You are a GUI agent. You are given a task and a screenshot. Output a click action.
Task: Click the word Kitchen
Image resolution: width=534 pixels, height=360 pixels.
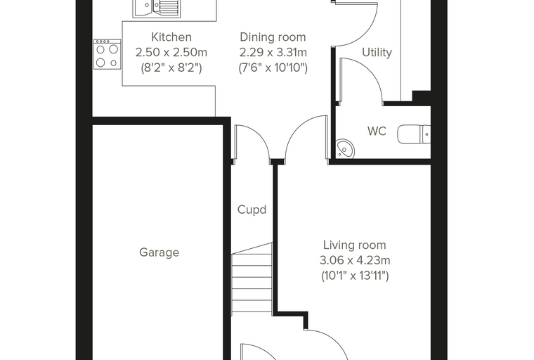(171, 37)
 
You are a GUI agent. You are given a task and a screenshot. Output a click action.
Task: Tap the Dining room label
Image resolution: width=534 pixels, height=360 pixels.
(273, 37)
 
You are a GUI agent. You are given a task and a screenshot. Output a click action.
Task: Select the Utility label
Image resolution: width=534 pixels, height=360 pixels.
(377, 53)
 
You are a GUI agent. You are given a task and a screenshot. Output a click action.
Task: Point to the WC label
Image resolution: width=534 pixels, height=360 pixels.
(377, 131)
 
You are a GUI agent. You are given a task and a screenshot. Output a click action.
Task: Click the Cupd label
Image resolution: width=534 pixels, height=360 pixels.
(252, 210)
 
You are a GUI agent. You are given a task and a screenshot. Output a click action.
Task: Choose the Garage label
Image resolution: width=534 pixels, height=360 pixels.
(159, 252)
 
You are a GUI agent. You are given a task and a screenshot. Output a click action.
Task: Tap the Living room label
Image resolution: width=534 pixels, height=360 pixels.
(355, 245)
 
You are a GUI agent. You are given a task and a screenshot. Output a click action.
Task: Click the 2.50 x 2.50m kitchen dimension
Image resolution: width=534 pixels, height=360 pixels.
(171, 53)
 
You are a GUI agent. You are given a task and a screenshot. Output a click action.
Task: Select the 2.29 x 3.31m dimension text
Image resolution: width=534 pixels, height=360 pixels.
(273, 53)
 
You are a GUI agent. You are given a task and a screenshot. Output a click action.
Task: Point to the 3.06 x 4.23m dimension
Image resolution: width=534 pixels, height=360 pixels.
(355, 260)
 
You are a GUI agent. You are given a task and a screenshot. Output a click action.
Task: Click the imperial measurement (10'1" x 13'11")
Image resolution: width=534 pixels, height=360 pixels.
(355, 276)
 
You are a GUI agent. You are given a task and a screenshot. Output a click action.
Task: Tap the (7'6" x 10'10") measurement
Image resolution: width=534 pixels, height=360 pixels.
(273, 67)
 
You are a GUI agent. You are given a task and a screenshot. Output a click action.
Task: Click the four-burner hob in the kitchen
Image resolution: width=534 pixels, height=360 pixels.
(108, 55)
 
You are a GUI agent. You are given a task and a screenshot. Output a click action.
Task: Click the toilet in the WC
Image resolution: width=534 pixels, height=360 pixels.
(414, 134)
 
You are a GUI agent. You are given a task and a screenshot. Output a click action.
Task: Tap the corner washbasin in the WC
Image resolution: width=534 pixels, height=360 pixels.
(345, 149)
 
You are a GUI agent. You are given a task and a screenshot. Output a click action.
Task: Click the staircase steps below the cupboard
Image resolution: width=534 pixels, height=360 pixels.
(252, 280)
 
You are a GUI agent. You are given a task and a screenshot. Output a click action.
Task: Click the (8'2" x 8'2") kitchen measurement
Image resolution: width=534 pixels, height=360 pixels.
(171, 67)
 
